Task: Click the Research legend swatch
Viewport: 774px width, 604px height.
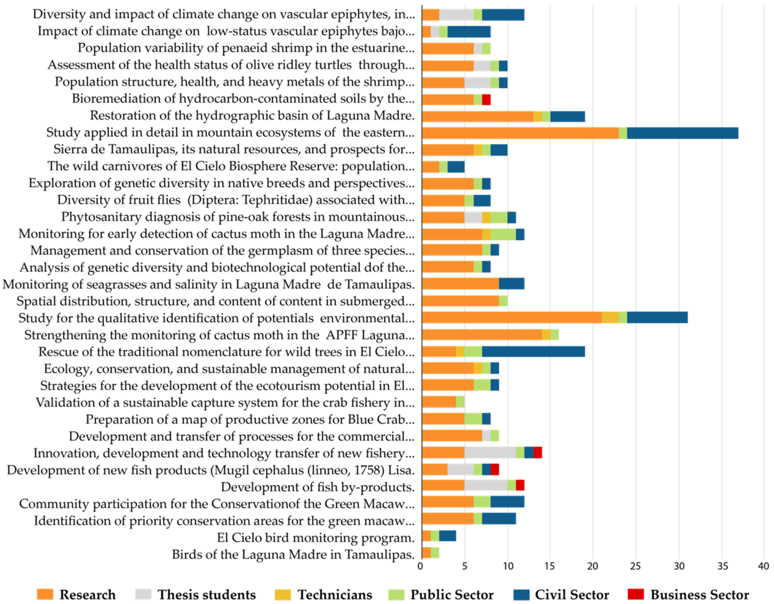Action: (x=45, y=594)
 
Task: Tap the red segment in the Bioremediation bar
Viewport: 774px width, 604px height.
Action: (x=486, y=100)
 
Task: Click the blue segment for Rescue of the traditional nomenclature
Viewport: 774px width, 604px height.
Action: (x=533, y=352)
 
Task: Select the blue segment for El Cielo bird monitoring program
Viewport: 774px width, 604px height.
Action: (x=447, y=536)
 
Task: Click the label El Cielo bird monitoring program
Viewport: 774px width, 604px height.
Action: (x=315, y=538)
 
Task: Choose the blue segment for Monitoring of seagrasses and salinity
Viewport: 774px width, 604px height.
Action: (x=511, y=284)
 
